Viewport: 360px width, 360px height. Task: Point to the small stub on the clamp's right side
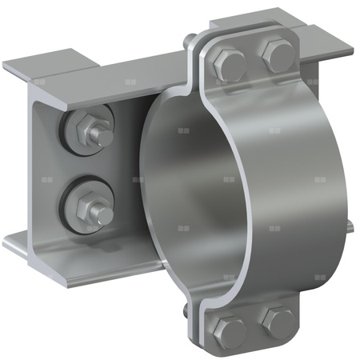coord(349,230)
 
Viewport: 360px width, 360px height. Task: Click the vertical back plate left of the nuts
coord(40,168)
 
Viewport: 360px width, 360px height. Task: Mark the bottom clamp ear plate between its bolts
coord(254,328)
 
